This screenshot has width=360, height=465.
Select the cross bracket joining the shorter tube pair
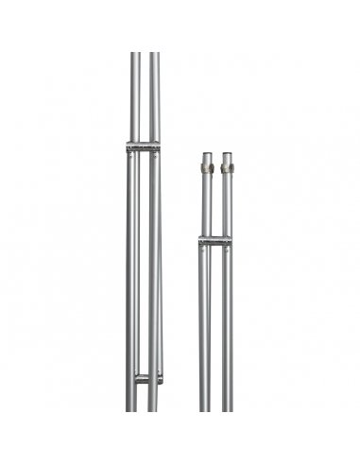coord(215,242)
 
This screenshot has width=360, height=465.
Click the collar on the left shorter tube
coord(206,168)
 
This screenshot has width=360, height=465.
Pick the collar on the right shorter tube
coord(227,168)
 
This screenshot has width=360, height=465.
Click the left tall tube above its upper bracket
coord(134,95)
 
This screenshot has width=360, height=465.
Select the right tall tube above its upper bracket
coord(154,95)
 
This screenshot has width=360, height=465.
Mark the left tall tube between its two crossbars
coord(133,265)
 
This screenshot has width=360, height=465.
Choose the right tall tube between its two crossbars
coord(154,265)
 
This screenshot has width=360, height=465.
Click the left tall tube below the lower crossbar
coord(132,397)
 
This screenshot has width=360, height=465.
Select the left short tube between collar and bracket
coord(206,203)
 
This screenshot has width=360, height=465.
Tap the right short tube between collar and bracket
coord(227,203)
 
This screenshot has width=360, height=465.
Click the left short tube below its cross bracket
coord(205,331)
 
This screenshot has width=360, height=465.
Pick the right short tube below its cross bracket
coord(227,331)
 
